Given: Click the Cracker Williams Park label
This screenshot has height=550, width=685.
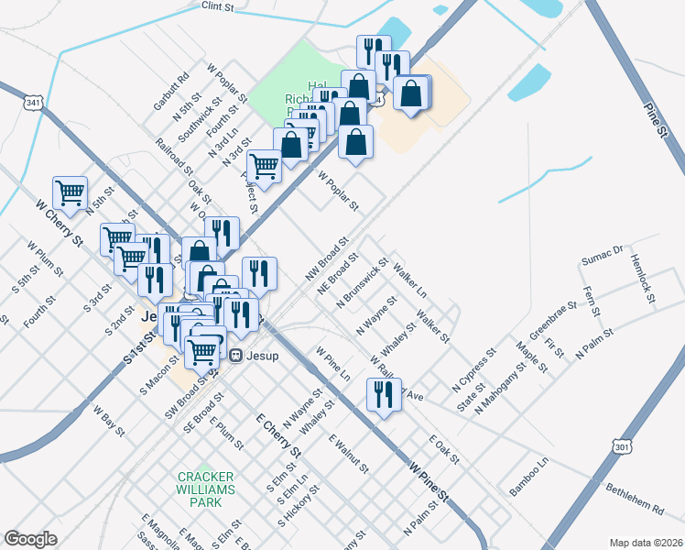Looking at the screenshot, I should tap(206, 483).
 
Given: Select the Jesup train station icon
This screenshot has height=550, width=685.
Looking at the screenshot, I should tap(235, 355).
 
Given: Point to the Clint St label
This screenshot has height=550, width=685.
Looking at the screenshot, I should tap(219, 6).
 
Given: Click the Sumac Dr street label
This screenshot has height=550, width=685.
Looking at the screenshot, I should tap(604, 255).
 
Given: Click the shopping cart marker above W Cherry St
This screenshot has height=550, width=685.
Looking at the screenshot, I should tap(71, 192).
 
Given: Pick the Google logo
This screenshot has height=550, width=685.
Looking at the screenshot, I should tap(31, 538).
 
